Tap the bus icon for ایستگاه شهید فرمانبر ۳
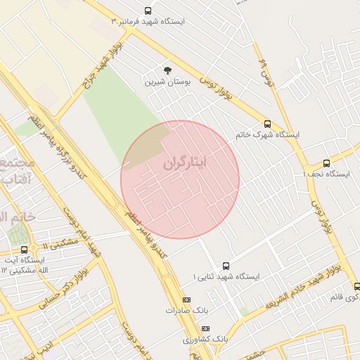[x=148, y=11]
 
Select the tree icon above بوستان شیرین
[x=167, y=70]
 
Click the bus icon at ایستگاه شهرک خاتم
[x=267, y=124]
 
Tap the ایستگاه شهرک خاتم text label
[x=267, y=134]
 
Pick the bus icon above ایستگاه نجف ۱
[x=326, y=163]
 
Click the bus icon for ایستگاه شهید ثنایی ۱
[x=226, y=266]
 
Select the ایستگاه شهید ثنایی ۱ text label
[x=226, y=277]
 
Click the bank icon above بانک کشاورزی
[x=205, y=328]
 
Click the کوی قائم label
[x=345, y=297]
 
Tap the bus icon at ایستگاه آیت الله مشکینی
[x=25, y=249]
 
